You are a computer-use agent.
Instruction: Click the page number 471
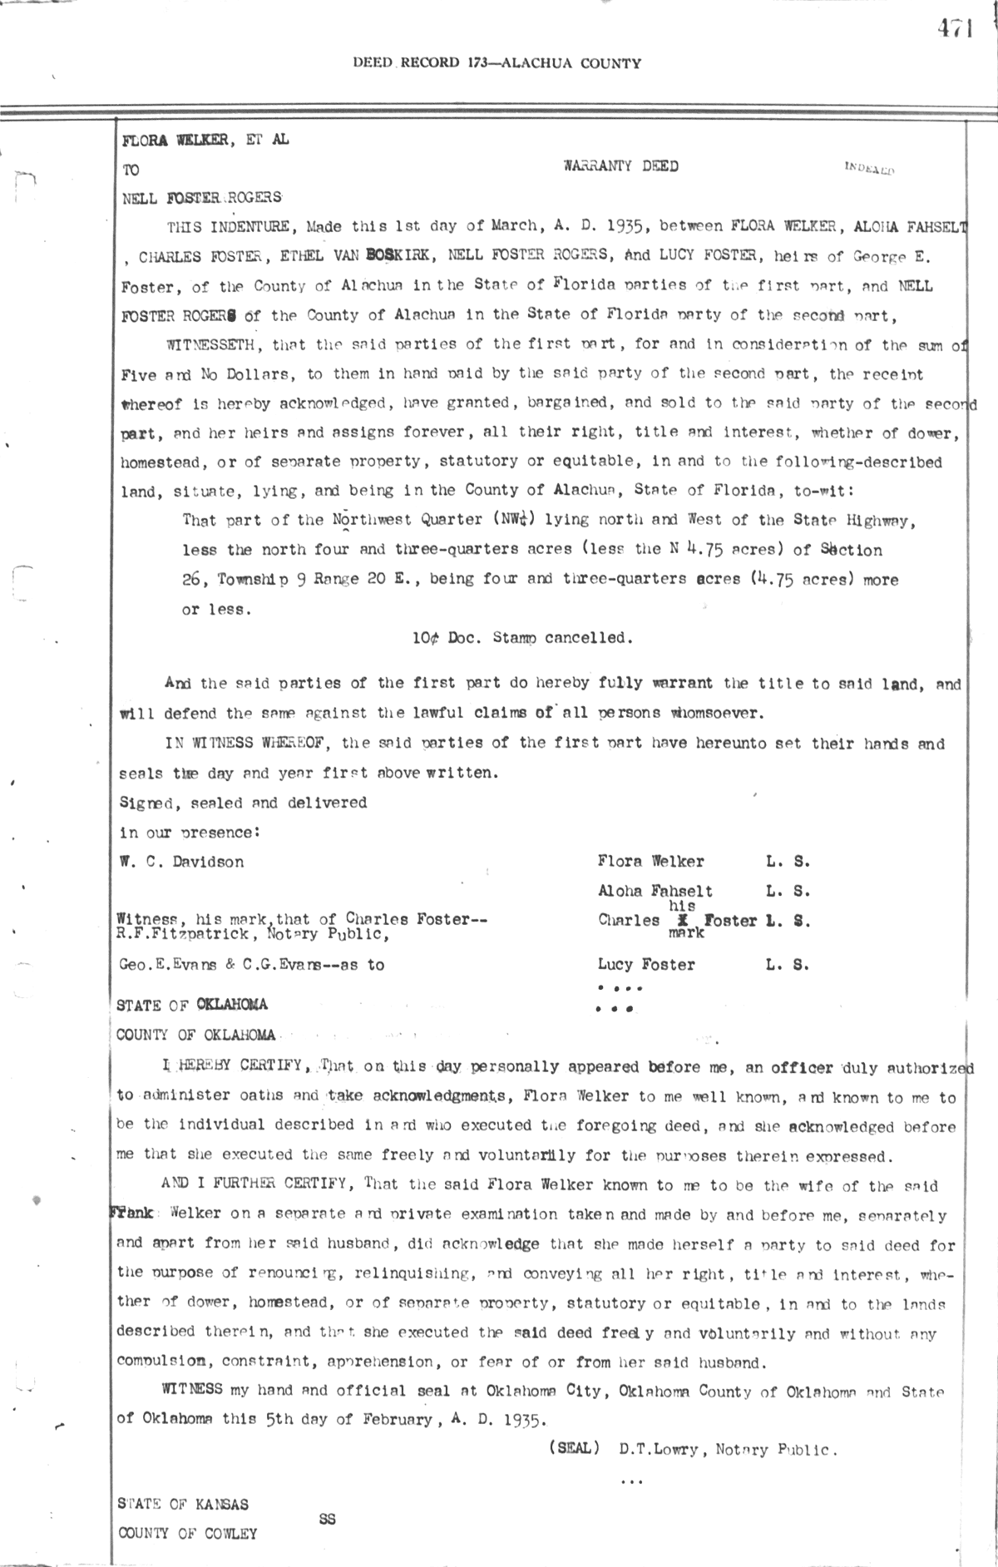pyautogui.click(x=955, y=29)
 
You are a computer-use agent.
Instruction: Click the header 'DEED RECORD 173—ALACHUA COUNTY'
pyautogui.click(x=497, y=63)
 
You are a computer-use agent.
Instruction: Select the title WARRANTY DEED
pyautogui.click(x=620, y=166)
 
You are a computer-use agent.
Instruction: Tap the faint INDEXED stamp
pyautogui.click(x=869, y=169)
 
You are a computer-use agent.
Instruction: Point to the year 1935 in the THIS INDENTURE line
pyautogui.click(x=622, y=225)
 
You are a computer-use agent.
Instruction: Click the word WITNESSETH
pyautogui.click(x=216, y=345)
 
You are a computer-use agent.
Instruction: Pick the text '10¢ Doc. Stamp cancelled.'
pyautogui.click(x=522, y=638)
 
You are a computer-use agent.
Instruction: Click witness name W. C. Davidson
pyautogui.click(x=182, y=862)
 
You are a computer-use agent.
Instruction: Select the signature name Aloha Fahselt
pyautogui.click(x=655, y=891)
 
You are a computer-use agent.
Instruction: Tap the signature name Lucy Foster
pyautogui.click(x=645, y=965)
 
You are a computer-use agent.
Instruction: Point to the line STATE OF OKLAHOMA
pyautogui.click(x=192, y=1005)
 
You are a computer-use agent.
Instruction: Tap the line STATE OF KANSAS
pyautogui.click(x=182, y=1504)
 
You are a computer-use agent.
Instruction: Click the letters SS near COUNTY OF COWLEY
pyautogui.click(x=327, y=1519)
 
